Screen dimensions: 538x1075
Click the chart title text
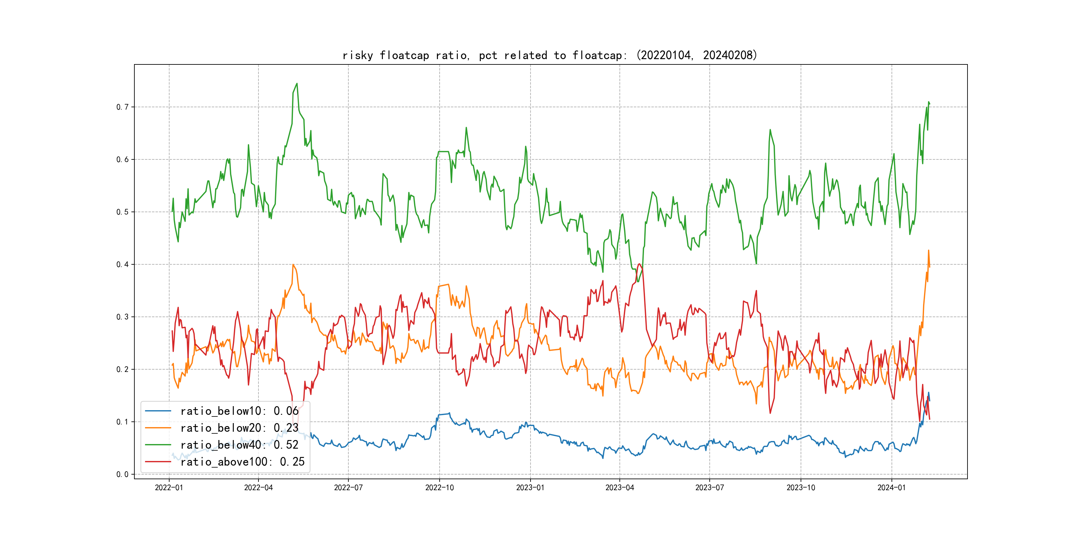(x=549, y=55)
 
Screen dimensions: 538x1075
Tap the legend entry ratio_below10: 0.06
(x=239, y=411)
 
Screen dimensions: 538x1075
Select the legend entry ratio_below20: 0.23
(x=239, y=428)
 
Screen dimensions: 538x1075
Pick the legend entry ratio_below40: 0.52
(x=239, y=445)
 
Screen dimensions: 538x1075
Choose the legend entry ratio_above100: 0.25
(x=242, y=462)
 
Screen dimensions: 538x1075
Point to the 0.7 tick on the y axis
(x=122, y=107)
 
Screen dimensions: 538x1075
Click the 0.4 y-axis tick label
(x=122, y=264)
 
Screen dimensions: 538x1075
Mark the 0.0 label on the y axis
(x=122, y=475)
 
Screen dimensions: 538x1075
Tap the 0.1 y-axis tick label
(x=122, y=422)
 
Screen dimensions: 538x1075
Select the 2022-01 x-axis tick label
(x=169, y=488)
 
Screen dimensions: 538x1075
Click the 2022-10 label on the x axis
(x=439, y=488)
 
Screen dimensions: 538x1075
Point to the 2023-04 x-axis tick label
(x=619, y=488)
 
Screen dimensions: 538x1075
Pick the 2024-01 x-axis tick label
(x=892, y=488)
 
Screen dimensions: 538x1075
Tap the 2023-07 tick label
(x=709, y=488)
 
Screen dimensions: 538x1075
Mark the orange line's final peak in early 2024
(x=929, y=251)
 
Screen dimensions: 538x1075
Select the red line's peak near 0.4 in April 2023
(x=639, y=264)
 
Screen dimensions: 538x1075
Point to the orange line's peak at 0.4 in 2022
(x=293, y=264)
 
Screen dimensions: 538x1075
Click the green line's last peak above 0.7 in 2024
(x=929, y=102)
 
